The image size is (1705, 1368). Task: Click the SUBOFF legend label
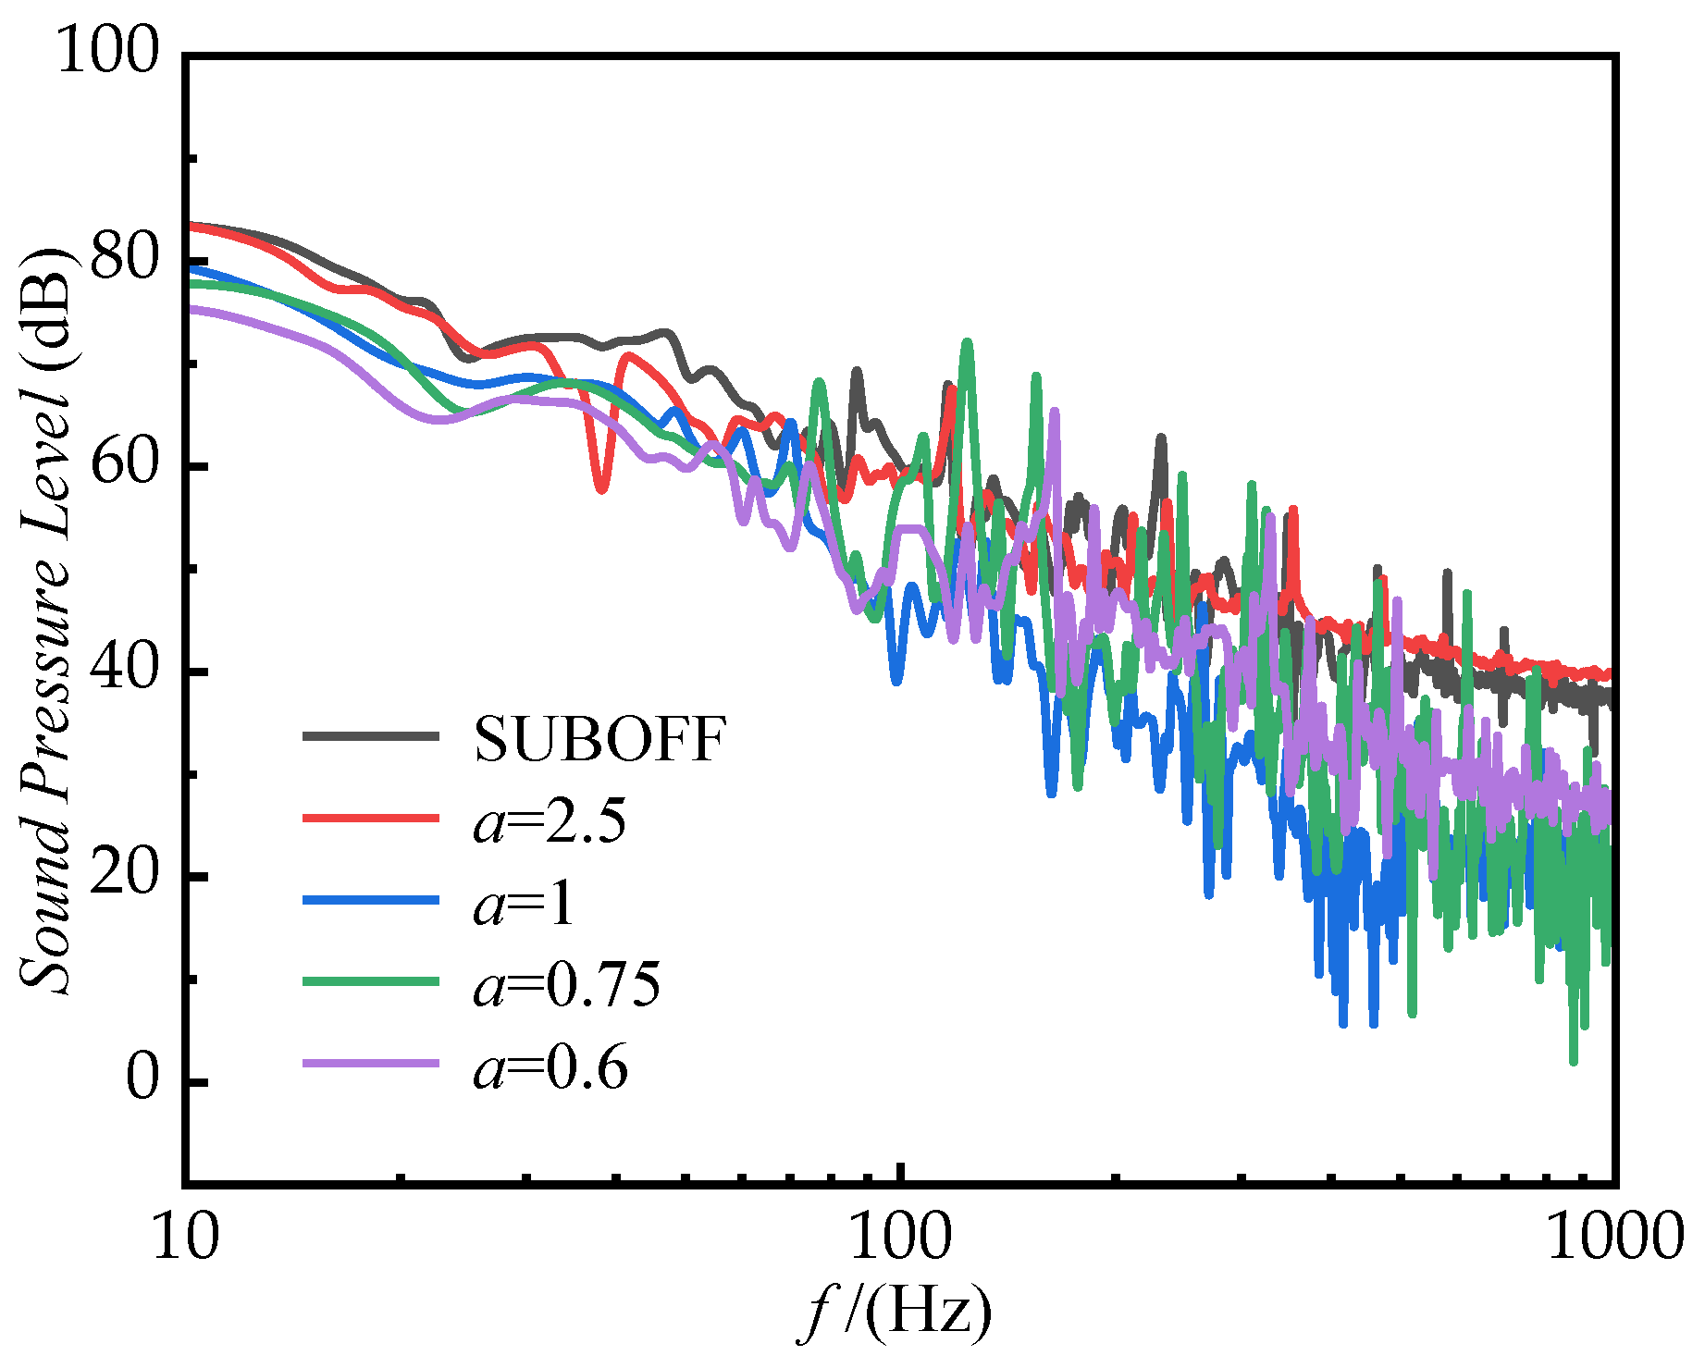599,739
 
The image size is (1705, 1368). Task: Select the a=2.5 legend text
550,820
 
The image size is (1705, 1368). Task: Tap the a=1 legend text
524,903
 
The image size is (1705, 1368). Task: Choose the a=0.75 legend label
567,984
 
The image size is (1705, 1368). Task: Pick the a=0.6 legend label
550,1067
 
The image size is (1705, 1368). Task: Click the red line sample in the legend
370,819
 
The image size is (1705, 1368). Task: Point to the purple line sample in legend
370,1064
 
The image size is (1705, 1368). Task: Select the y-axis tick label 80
126,257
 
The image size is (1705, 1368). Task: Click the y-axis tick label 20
126,873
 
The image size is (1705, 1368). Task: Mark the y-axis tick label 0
142,1078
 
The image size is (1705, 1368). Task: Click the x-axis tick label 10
186,1237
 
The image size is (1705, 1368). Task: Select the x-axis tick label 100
900,1237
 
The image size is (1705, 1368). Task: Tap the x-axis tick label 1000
1614,1237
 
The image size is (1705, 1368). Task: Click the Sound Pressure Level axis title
46,620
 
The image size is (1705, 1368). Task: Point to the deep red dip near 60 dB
601,487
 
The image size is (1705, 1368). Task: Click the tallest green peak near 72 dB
968,344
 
